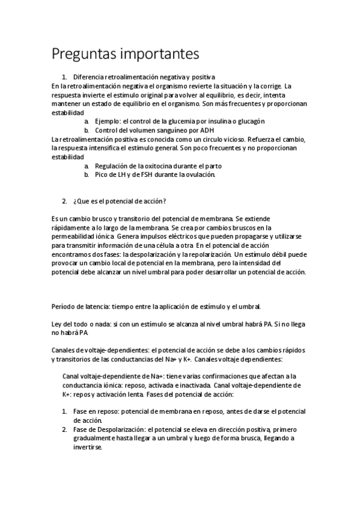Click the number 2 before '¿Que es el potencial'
tap(64, 200)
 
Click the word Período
tap(64, 307)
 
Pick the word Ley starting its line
tap(57, 324)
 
